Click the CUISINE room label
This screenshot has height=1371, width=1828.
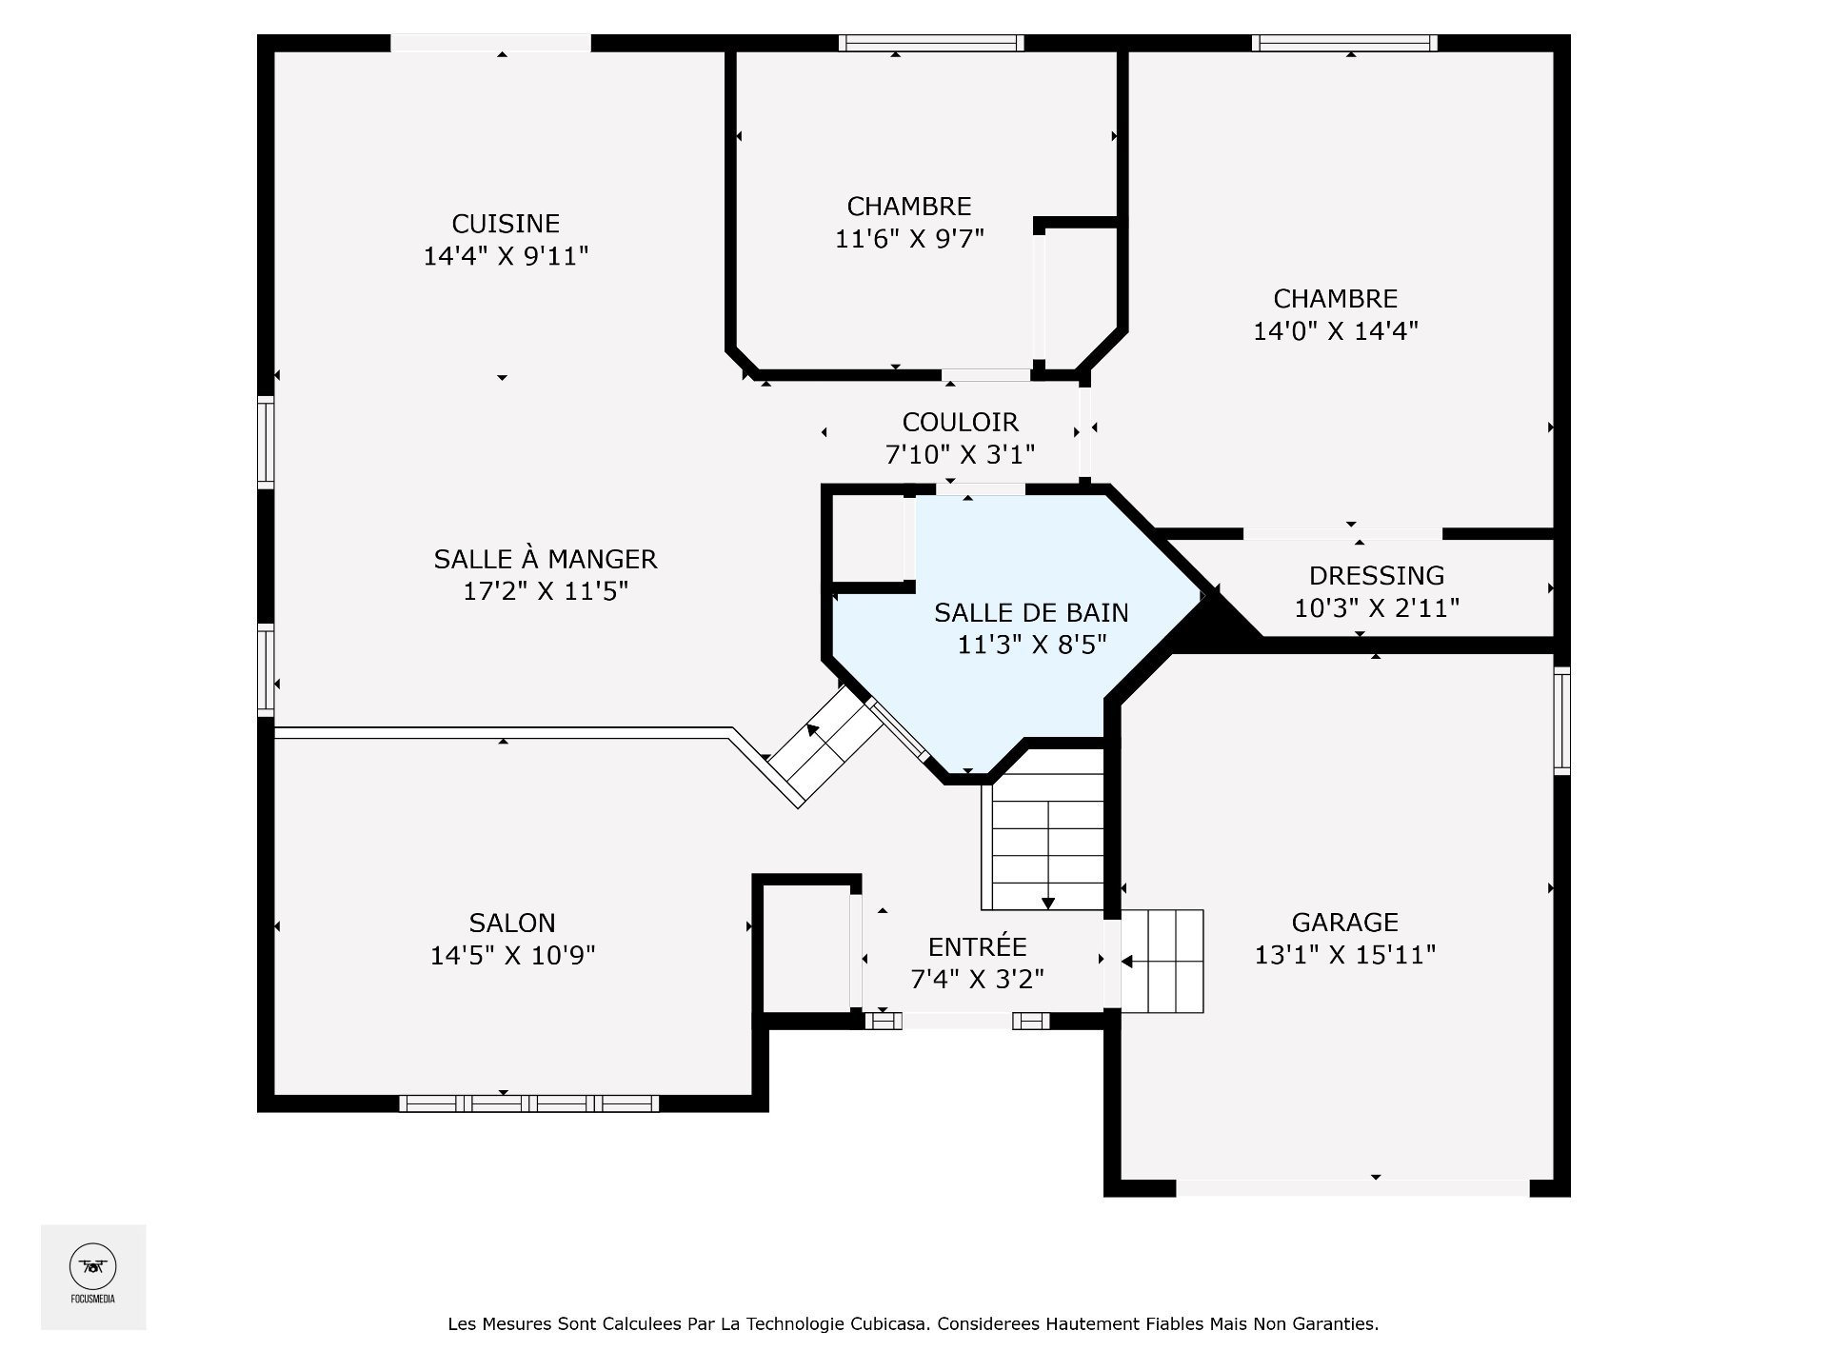pos(506,224)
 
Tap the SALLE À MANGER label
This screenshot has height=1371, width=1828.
pos(546,558)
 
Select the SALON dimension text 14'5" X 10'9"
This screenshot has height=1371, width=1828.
pos(513,955)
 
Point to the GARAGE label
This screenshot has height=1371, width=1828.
pos(1345,922)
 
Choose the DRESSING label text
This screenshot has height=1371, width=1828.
pos(1377,575)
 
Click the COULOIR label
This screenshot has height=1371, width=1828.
pos(961,422)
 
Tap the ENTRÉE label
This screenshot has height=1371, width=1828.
pos(978,946)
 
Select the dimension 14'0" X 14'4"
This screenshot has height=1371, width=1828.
pos(1336,331)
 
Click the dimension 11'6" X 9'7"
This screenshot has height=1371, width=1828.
pos(909,239)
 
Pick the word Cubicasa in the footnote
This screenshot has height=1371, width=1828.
pos(890,1323)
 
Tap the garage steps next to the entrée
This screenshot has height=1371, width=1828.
pos(1162,962)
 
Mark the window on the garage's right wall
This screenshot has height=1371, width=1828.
pos(1561,721)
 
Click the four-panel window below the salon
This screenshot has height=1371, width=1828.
pos(528,1103)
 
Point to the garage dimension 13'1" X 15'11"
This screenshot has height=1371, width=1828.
pos(1345,954)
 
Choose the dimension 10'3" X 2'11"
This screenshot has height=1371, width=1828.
pos(1377,607)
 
